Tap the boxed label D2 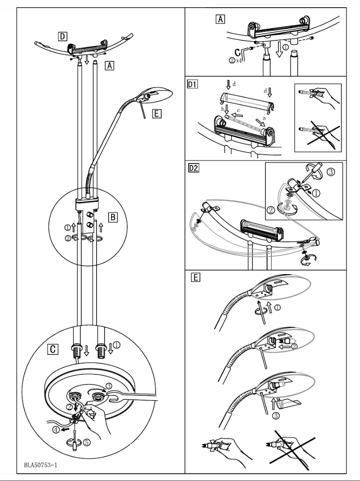(194, 168)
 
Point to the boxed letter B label (113, 217)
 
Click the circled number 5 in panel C (87, 442)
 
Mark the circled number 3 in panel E (276, 415)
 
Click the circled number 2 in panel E (294, 346)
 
